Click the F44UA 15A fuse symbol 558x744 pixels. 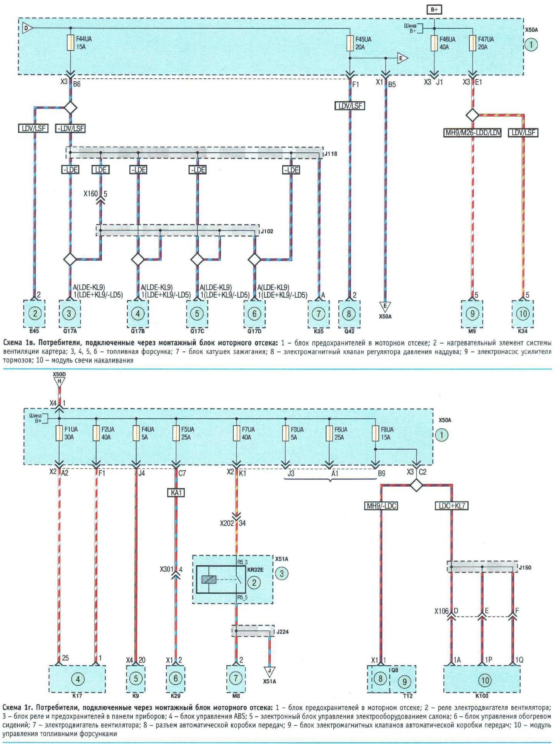70,43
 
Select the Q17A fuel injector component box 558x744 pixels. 69,314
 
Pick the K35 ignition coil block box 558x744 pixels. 318,314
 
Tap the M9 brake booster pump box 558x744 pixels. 472,314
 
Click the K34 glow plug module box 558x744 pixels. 523,314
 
